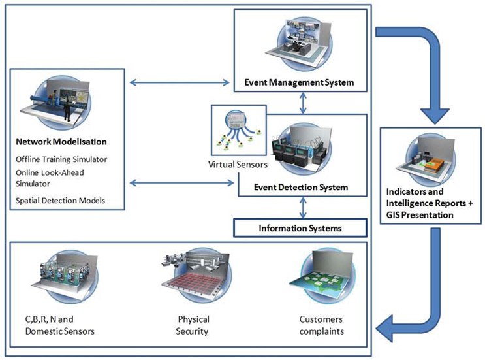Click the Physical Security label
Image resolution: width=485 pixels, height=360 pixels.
pos(193,325)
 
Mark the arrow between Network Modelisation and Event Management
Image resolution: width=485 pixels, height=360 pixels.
pos(180,82)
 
